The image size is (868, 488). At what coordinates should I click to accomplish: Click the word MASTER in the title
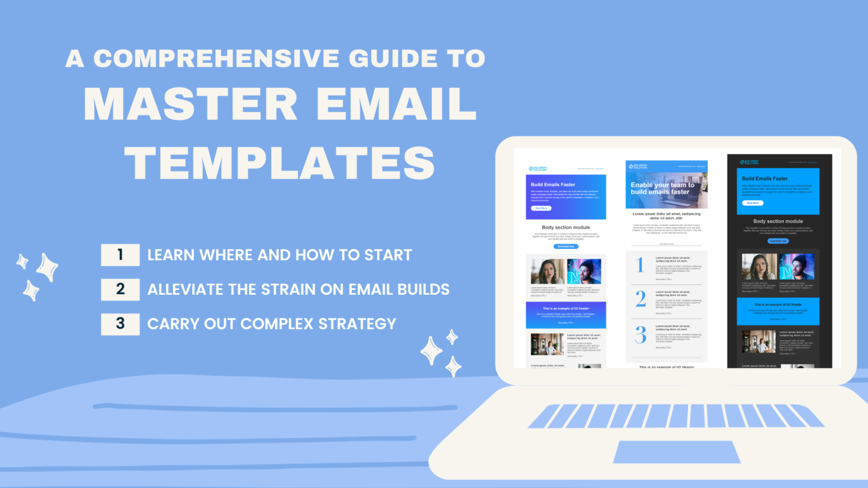coord(190,104)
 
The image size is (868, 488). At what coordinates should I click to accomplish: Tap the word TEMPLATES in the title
coord(280,163)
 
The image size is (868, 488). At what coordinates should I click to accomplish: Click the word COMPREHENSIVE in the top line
coord(216,59)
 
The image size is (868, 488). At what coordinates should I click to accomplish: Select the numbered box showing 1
coord(120,255)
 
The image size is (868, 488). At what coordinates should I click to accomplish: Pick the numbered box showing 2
coord(120,289)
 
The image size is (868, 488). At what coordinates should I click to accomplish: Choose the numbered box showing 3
coord(120,324)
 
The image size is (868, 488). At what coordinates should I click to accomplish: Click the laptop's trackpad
coord(676,452)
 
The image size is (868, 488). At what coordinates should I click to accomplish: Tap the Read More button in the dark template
coord(753,203)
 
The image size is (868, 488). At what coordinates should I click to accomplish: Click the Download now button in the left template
coord(566,246)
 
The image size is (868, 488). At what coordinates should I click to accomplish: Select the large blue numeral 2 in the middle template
coord(640,298)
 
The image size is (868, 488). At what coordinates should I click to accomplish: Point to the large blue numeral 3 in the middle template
coord(640,334)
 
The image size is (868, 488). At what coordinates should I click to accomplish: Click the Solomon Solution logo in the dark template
coord(749,162)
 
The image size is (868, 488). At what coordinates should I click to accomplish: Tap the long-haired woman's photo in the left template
coord(547,272)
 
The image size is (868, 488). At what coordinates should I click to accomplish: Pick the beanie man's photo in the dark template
coord(797,267)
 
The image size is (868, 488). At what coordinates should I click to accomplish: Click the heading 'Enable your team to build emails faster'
coord(662,189)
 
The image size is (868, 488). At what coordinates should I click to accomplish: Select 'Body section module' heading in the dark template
coord(778,221)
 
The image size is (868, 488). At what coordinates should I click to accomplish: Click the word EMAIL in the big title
coord(396,104)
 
